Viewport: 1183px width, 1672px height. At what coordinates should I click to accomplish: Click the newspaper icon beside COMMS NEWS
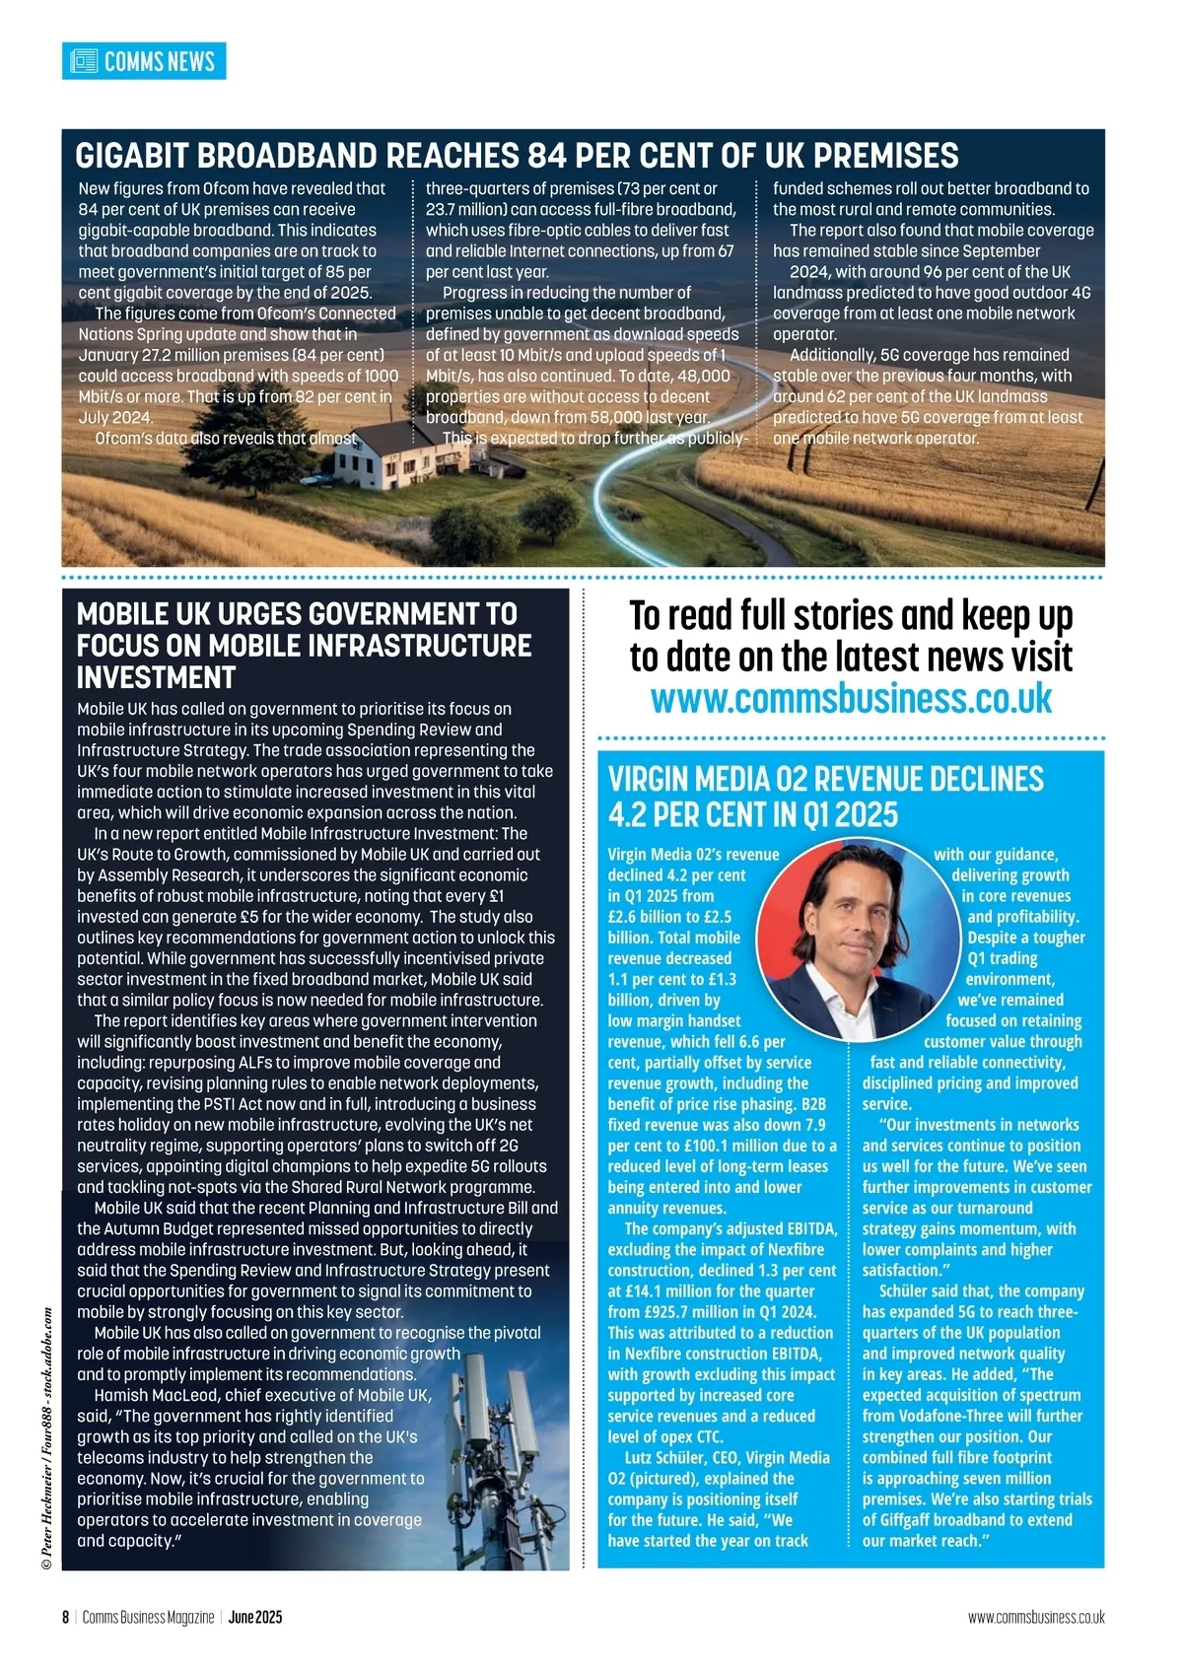pyautogui.click(x=85, y=61)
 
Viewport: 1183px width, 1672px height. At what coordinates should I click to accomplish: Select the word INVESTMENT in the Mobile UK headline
pyautogui.click(x=156, y=677)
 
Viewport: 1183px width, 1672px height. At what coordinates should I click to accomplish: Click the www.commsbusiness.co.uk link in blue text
pyautogui.click(x=851, y=699)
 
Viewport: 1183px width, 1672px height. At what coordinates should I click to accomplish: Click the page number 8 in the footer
pyautogui.click(x=65, y=1618)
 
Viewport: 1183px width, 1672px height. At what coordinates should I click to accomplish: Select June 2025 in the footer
pyautogui.click(x=255, y=1618)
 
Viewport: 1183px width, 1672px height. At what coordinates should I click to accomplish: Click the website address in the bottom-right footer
pyautogui.click(x=1036, y=1618)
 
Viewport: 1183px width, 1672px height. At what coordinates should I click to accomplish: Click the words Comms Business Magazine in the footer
pyautogui.click(x=148, y=1618)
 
